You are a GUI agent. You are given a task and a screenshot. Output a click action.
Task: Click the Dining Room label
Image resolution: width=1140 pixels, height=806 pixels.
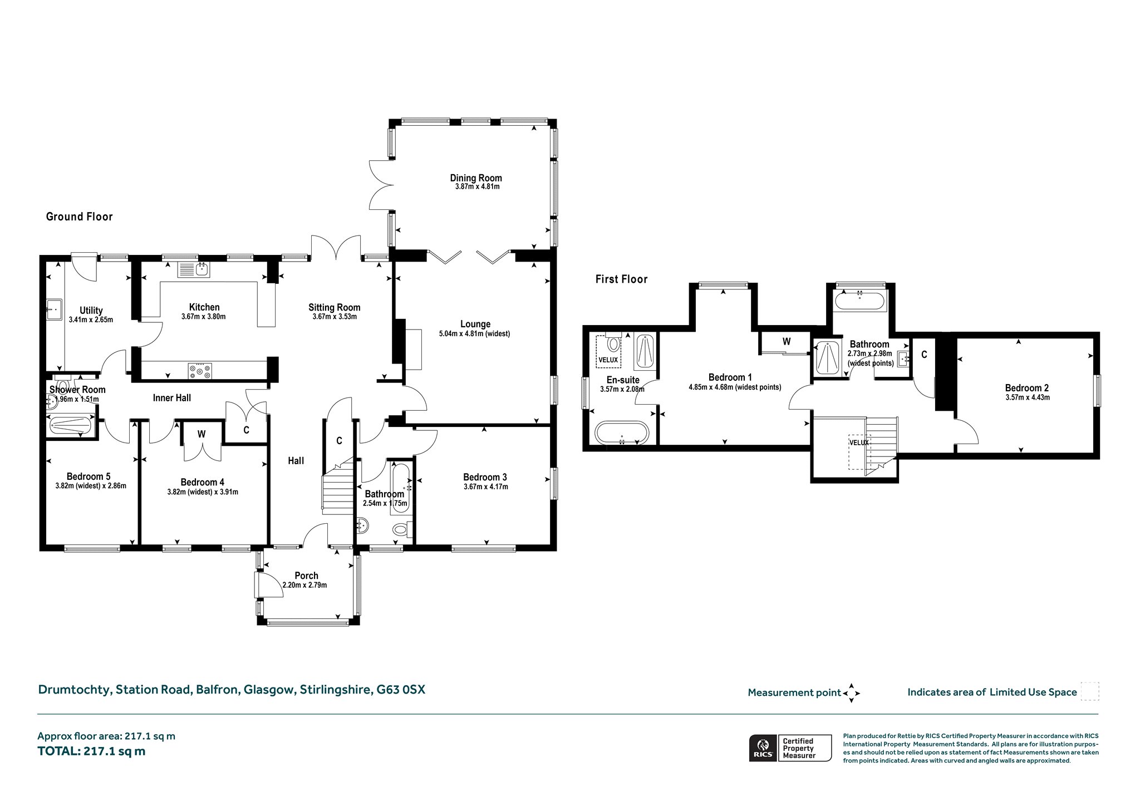click(476, 178)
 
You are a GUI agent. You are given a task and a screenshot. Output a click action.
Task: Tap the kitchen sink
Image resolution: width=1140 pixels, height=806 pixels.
click(194, 270)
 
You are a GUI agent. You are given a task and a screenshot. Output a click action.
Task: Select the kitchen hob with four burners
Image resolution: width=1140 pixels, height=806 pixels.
click(200, 371)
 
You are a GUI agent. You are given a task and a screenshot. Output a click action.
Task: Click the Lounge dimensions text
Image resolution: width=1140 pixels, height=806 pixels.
click(474, 334)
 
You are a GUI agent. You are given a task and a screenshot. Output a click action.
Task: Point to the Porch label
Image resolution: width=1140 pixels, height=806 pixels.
click(306, 576)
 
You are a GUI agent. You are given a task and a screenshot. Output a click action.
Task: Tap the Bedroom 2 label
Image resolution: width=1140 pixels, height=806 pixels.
click(1027, 388)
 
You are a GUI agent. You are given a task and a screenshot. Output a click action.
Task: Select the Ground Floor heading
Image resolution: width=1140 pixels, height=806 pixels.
click(79, 217)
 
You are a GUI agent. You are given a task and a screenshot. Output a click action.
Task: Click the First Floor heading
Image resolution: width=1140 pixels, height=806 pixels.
click(621, 279)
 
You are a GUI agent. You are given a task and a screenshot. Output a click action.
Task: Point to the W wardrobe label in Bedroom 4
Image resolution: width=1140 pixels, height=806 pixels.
click(202, 434)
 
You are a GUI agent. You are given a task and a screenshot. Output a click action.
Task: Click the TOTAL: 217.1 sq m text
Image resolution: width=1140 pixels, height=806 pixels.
click(91, 751)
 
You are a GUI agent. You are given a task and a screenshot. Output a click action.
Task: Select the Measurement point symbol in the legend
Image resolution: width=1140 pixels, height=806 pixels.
click(851, 693)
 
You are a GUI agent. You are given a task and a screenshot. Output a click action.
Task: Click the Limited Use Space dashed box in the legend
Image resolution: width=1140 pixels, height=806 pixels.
click(1089, 691)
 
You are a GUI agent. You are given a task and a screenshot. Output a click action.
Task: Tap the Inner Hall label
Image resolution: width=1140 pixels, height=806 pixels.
click(172, 398)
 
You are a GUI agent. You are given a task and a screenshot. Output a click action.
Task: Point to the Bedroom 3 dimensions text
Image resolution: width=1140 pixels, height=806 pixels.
click(485, 487)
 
